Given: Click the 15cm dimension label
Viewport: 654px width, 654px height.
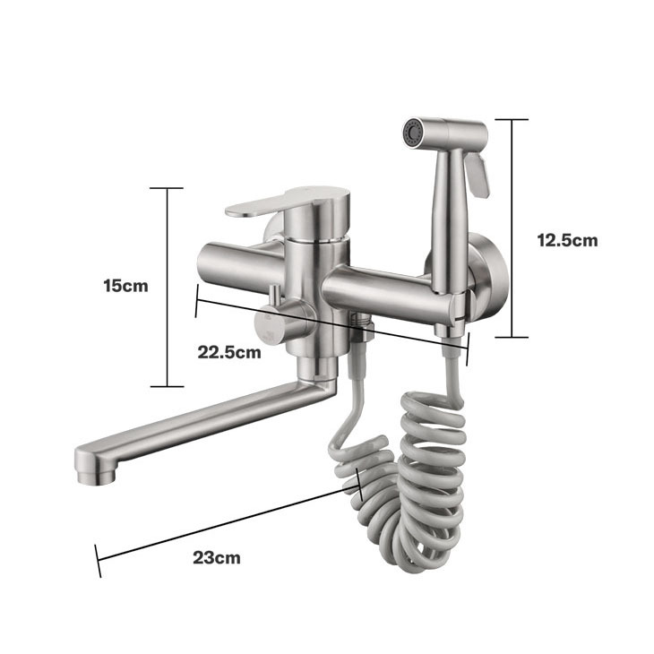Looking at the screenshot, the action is point(125,286).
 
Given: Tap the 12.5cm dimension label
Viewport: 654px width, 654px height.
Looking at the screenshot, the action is point(567,240).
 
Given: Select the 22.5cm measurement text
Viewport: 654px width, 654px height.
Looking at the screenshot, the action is point(229,352).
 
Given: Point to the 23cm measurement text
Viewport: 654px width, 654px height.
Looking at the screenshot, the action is point(217,557).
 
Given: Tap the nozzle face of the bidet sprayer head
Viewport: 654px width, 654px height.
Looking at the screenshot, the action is point(412,133).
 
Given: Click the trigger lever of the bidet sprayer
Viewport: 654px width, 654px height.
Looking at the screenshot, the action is point(478,175).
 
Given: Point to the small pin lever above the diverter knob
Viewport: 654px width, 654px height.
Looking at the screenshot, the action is point(275,296).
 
